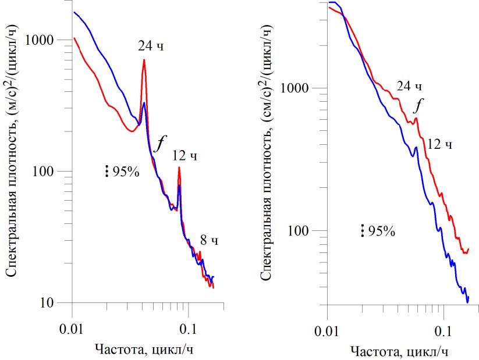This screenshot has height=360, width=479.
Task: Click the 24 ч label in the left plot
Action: tap(151, 46)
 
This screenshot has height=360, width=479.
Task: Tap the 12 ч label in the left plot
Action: tap(184, 155)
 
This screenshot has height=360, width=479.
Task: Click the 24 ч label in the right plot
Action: tap(409, 87)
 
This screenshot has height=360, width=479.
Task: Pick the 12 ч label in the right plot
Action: tap(439, 143)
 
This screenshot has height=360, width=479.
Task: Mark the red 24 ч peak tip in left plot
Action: tap(144, 60)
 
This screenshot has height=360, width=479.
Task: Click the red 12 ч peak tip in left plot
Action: tap(179, 167)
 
